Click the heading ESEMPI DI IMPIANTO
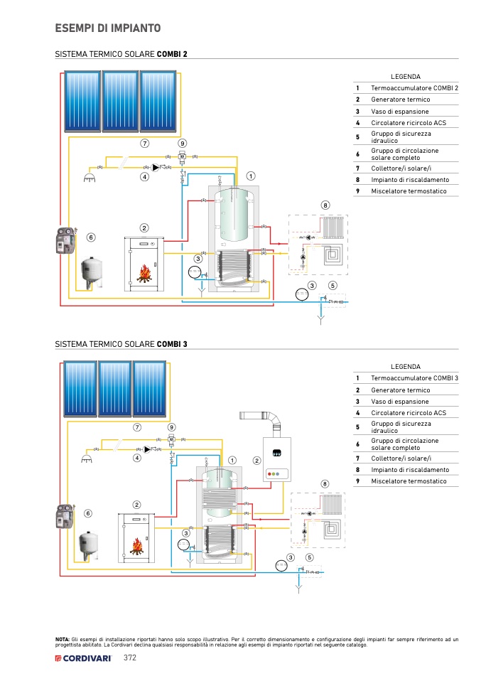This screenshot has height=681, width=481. tap(107, 28)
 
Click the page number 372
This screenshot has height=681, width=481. tap(130, 658)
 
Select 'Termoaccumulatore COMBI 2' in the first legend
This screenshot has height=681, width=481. tap(414, 87)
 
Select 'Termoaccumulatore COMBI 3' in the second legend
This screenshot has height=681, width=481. tap(414, 378)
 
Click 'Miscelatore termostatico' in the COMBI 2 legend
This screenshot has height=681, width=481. tap(409, 191)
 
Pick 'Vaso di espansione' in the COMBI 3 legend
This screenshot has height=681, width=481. tap(399, 402)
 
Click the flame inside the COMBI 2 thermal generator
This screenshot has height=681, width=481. tap(145, 274)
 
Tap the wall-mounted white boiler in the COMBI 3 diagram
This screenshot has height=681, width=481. tap(279, 459)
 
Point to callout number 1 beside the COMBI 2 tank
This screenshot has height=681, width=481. tap(251, 175)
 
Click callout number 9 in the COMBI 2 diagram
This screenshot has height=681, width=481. tap(182, 143)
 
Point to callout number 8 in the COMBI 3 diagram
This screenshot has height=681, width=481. tap(325, 483)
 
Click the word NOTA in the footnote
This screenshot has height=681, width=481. tap(62, 640)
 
